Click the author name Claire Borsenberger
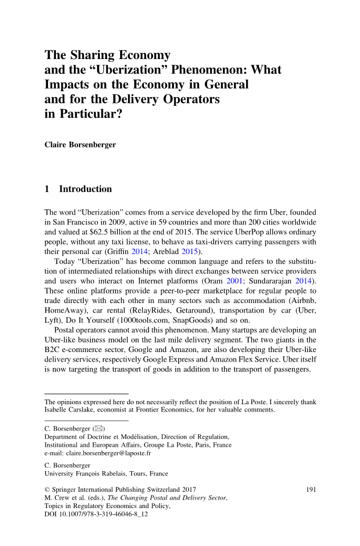(79, 144)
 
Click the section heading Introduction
(85, 189)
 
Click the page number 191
(311, 490)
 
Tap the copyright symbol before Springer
(47, 490)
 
